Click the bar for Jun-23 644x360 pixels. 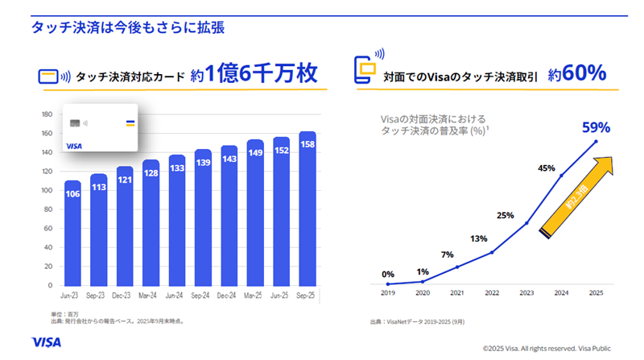pyautogui.click(x=72, y=234)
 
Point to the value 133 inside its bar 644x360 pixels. pyautogui.click(x=177, y=168)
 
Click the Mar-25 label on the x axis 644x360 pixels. pyautogui.click(x=255, y=296)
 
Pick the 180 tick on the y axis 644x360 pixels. pyautogui.click(x=46, y=114)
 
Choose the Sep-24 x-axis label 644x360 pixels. pyautogui.click(x=203, y=296)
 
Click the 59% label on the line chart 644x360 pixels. pyautogui.click(x=597, y=127)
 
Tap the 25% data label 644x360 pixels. pyautogui.click(x=505, y=215)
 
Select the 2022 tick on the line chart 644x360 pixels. pyautogui.click(x=492, y=294)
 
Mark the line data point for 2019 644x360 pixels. pyautogui.click(x=388, y=283)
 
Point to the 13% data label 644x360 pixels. pyautogui.click(x=478, y=238)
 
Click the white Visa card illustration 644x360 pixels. pyautogui.click(x=98, y=130)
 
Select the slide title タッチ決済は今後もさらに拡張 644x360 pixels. pyautogui.click(x=127, y=27)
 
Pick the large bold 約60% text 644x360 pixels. pyautogui.click(x=576, y=74)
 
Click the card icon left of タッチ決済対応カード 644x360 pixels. pyautogui.click(x=52, y=77)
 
